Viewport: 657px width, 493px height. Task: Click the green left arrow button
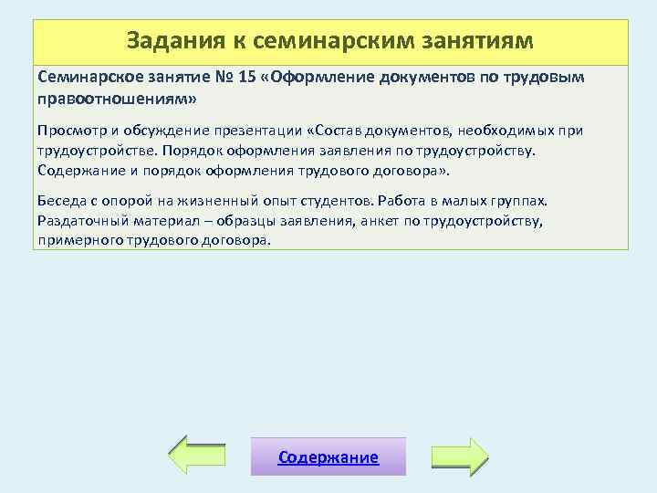tap(198, 456)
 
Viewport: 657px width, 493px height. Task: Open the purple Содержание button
tap(328, 457)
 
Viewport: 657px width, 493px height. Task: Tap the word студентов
tap(346, 200)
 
